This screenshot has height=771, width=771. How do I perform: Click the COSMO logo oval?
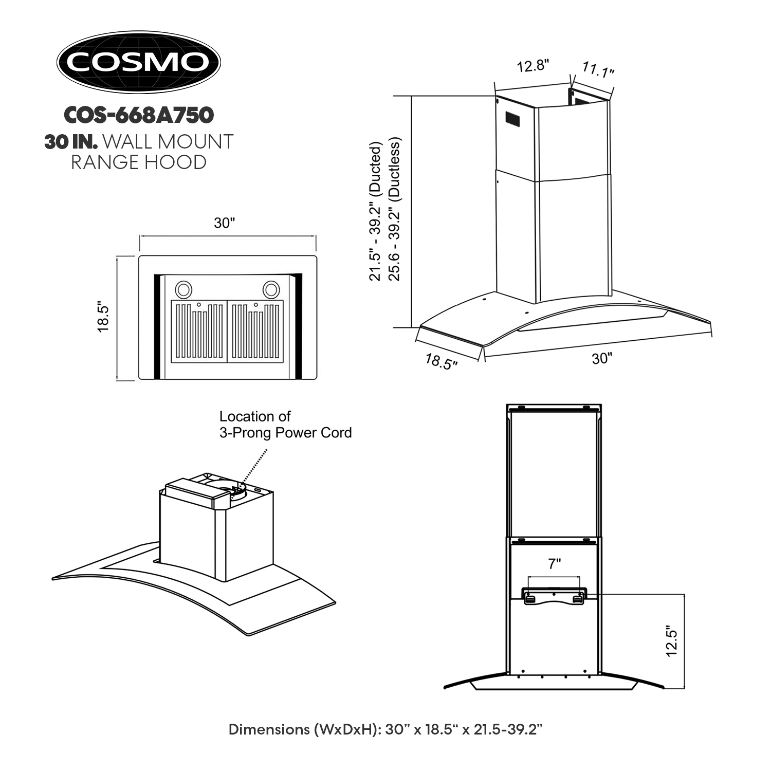(138, 62)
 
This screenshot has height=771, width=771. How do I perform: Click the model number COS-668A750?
(138, 115)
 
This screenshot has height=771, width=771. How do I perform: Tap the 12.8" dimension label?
(533, 66)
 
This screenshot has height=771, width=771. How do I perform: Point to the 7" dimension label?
(554, 564)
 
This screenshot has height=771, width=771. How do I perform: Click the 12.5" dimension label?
(671, 640)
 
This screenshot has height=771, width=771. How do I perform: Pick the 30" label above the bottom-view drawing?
(225, 223)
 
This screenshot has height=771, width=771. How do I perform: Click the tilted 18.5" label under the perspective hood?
(441, 361)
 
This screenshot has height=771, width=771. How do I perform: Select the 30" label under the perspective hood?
(601, 358)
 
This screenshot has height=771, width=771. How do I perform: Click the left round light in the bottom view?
(183, 289)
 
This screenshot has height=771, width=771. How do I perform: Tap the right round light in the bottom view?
(271, 289)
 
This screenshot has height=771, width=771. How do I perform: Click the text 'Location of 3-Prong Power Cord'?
(285, 424)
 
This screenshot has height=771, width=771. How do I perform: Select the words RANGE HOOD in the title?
(138, 162)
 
